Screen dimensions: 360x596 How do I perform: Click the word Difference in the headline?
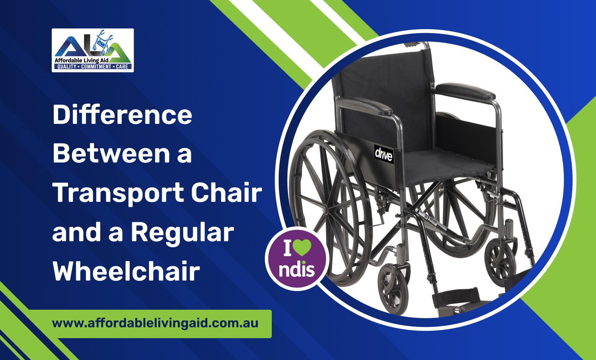[122, 115]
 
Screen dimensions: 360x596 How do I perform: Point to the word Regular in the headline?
[182, 232]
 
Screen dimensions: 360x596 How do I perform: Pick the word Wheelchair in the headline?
[126, 271]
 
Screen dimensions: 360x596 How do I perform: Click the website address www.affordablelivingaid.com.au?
[155, 323]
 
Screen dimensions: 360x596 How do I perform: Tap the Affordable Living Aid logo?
[93, 50]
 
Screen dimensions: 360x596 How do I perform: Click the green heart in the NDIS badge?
[302, 247]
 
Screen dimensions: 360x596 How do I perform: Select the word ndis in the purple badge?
[297, 270]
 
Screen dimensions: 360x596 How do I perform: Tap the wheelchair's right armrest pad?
[465, 91]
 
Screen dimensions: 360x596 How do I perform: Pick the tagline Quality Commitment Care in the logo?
[93, 67]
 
